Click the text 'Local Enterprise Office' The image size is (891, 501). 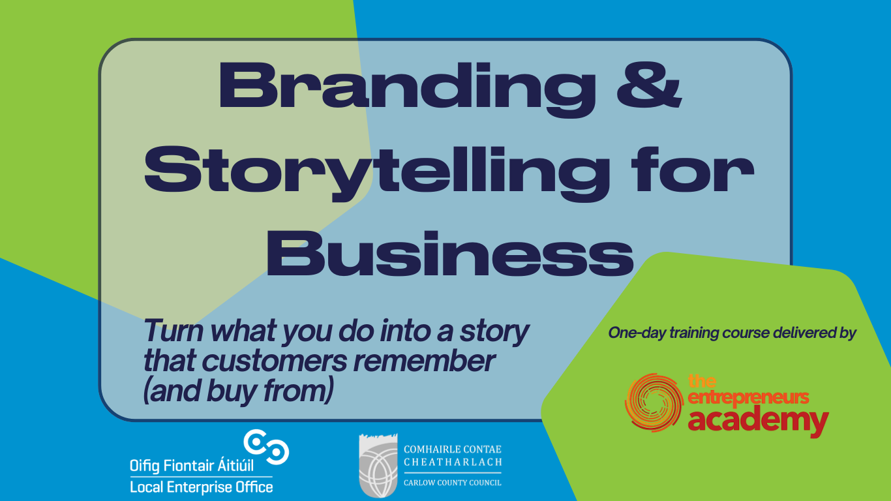[x=201, y=487]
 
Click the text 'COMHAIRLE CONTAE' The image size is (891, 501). [x=453, y=449]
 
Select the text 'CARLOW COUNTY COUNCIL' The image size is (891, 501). [x=453, y=483]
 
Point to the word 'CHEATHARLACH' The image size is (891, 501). [x=453, y=463]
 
